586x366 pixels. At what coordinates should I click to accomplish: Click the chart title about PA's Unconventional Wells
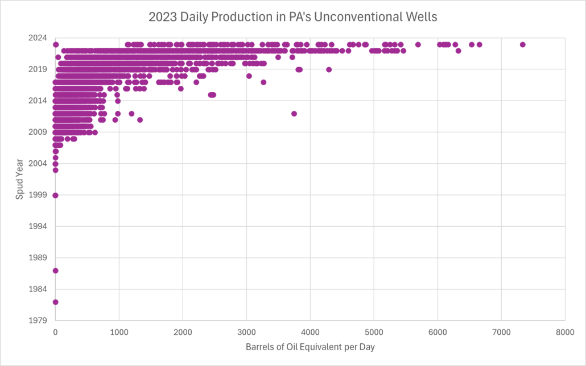click(x=292, y=17)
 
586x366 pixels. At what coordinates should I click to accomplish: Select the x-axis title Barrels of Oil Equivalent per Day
click(x=310, y=346)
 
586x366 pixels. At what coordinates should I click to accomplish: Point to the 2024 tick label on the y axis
click(x=38, y=38)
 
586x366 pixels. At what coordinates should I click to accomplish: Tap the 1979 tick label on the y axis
click(x=38, y=320)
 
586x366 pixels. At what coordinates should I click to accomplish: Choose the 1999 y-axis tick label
click(x=38, y=195)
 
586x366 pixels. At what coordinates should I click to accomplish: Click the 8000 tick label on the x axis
click(x=565, y=331)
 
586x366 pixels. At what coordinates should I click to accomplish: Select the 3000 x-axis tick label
click(x=246, y=331)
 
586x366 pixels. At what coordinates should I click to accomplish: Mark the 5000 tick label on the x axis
click(x=374, y=331)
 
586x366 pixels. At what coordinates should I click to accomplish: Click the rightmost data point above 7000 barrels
click(x=523, y=44)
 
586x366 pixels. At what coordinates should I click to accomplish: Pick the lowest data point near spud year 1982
click(x=55, y=302)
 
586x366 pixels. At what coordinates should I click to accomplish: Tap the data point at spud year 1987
click(x=55, y=271)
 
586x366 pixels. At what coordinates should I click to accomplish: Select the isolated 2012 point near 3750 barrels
click(x=294, y=114)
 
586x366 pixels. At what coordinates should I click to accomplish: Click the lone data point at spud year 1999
click(x=55, y=195)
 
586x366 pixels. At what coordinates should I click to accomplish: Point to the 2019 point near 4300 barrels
click(x=329, y=69)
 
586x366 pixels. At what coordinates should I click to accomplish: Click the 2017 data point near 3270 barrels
click(x=263, y=82)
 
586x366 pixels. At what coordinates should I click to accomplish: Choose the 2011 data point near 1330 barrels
click(x=140, y=120)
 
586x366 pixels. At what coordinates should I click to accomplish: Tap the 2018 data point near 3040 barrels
click(x=249, y=76)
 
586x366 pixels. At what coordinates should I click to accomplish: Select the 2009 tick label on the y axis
click(x=38, y=132)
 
